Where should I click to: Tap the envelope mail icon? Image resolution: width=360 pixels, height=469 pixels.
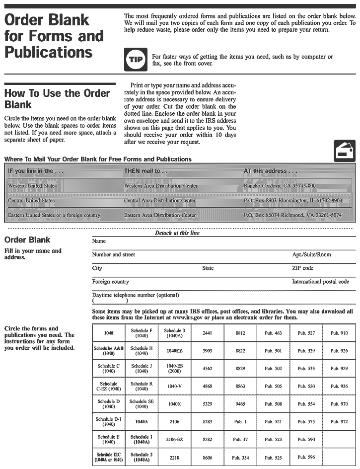345,151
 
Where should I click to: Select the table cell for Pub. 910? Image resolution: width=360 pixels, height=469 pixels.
339,333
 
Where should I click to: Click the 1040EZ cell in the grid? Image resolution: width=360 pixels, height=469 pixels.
174,351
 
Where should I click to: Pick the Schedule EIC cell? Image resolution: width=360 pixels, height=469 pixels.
109,457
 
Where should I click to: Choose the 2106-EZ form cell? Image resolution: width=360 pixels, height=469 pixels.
174,440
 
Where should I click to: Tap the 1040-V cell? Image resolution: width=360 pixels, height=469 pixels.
174,386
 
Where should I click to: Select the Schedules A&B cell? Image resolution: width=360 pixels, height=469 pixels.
109,351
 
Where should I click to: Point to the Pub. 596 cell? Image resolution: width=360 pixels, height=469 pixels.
306,458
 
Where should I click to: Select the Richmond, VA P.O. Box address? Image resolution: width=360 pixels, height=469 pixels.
292,215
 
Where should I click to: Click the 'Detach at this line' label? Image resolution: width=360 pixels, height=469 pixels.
177,233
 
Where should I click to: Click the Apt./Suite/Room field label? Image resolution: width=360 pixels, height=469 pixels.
311,255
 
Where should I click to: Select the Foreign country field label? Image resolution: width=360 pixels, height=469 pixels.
110,282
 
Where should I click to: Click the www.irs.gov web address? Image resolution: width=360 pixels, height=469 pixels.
193,317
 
